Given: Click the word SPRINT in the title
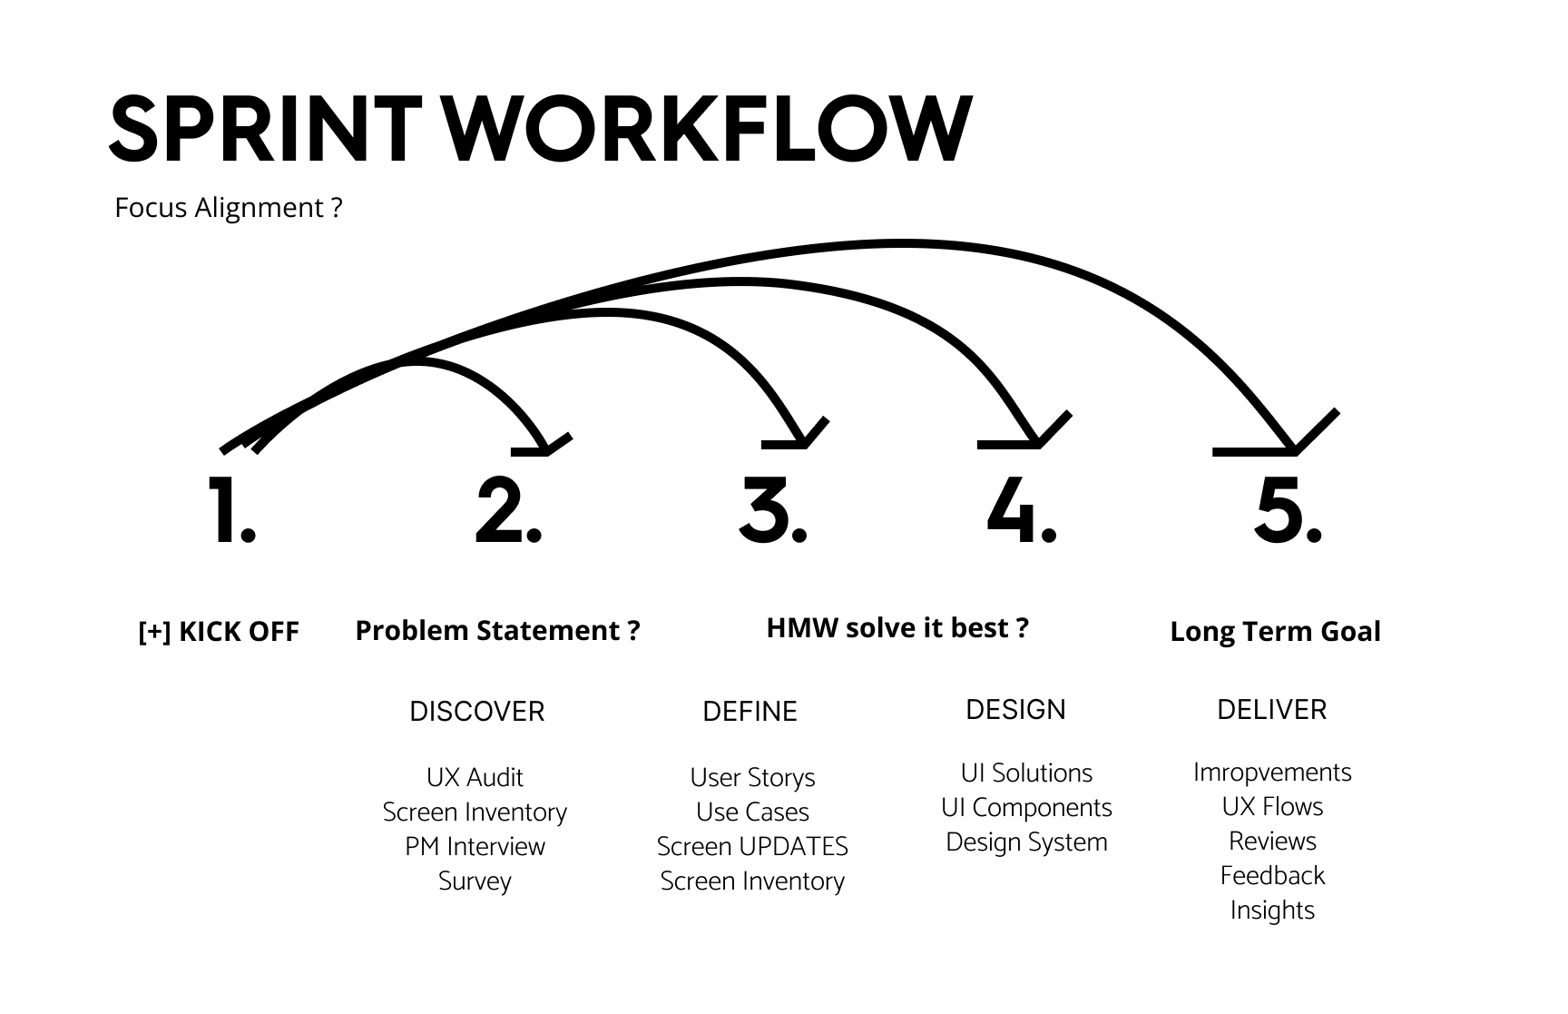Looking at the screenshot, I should click(265, 130).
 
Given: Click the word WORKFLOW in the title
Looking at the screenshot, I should click(707, 130).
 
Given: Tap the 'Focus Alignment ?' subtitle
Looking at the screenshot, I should click(229, 208).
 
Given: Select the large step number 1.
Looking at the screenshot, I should click(231, 511).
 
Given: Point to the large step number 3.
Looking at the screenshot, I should click(772, 511).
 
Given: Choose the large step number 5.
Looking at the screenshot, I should click(1287, 511).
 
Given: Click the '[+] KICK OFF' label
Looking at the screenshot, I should click(219, 632).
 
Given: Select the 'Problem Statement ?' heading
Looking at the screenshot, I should click(497, 630).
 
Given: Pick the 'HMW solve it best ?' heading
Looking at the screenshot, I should click(897, 628).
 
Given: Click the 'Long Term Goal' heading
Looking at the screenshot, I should click(1275, 632).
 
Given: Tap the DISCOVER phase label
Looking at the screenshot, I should click(476, 712).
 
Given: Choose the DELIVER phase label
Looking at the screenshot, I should click(1271, 710).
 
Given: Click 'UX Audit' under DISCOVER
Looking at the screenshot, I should click(475, 778).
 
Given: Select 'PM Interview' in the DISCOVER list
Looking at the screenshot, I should click(475, 847).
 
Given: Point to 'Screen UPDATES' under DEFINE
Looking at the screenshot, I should click(752, 847).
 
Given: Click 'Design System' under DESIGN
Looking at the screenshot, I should click(1026, 842).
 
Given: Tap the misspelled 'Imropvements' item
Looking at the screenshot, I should click(1272, 773).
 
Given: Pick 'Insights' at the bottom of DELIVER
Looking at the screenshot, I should click(1272, 911).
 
